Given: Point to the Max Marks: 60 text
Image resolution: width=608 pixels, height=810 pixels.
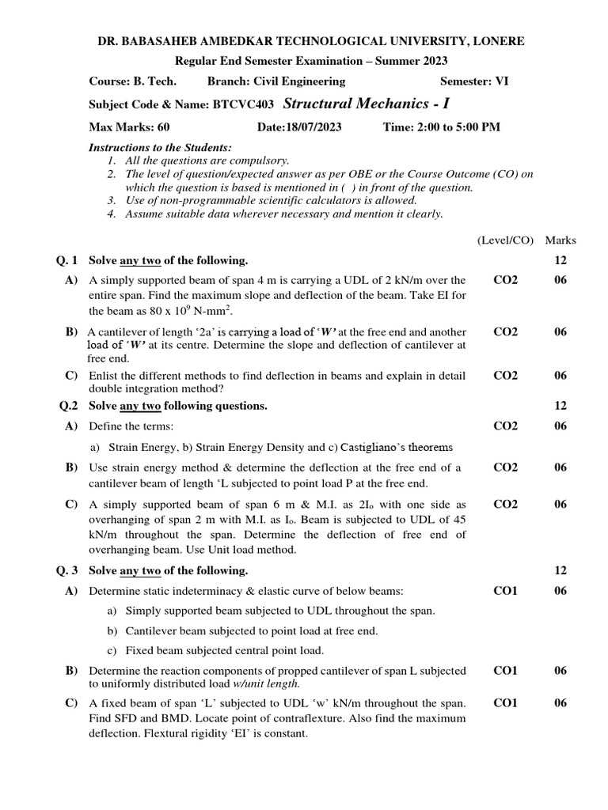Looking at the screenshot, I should [x=129, y=127].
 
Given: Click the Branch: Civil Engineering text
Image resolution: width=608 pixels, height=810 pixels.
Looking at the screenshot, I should [x=275, y=81].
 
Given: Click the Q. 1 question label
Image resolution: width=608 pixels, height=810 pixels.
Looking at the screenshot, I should [x=69, y=260].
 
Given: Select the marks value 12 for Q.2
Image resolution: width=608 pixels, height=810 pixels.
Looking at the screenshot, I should [x=560, y=406].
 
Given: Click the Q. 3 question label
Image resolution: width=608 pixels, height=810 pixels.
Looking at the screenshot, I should [x=69, y=570].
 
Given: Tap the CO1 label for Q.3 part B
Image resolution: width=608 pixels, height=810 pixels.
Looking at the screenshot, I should [x=505, y=671].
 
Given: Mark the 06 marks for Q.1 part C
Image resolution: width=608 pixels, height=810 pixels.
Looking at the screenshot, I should [x=560, y=376].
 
